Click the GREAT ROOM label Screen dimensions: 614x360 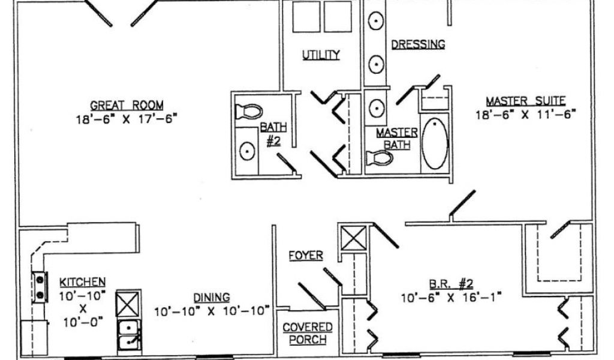click(127, 105)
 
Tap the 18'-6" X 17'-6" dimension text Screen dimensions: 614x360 click(127, 119)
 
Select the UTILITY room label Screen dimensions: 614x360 click(321, 55)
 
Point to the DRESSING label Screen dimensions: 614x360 click(418, 44)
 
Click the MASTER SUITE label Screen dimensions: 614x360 click(525, 101)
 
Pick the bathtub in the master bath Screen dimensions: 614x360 click(435, 143)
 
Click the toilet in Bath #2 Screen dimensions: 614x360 click(249, 111)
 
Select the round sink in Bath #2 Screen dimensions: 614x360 click(247, 151)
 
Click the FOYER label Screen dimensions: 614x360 click(306, 256)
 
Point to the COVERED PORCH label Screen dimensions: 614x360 click(308, 334)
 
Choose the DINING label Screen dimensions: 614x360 click(212, 298)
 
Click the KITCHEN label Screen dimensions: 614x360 click(82, 282)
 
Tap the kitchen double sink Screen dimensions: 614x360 click(129, 335)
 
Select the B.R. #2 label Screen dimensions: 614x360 click(451, 284)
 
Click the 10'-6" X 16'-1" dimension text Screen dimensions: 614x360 click(451, 298)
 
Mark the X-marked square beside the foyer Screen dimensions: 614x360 click(354, 238)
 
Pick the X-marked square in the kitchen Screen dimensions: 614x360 click(128, 304)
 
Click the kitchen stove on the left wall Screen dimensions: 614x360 click(40, 287)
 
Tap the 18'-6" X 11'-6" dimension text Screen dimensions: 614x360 click(525, 115)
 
